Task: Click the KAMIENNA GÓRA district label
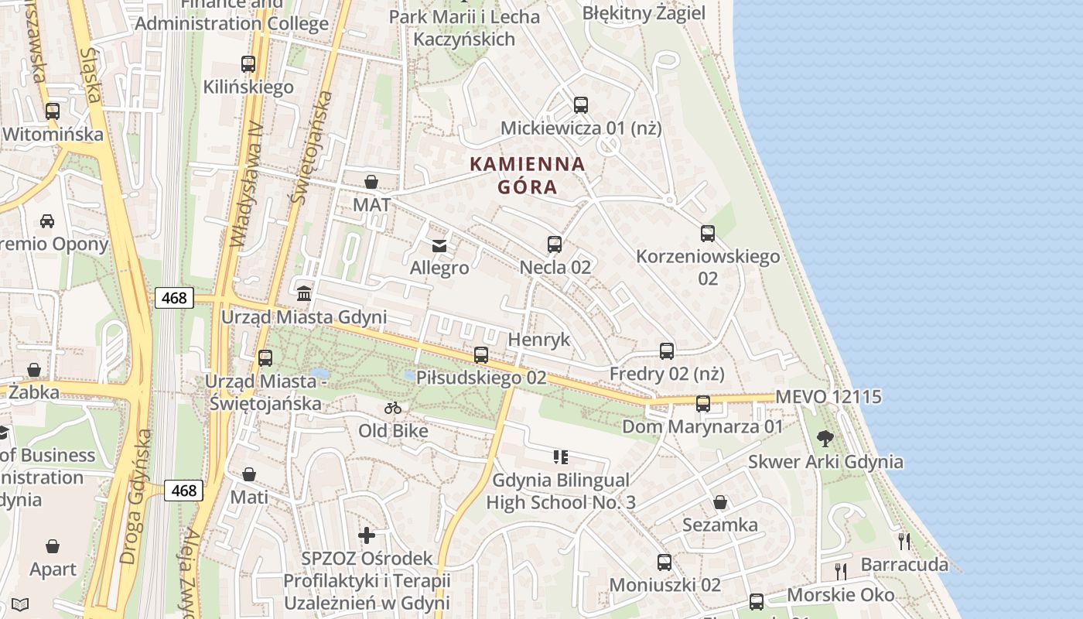[528, 176]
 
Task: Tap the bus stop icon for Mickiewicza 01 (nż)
[581, 105]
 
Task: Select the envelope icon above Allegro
[439, 246]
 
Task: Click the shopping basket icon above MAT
[371, 182]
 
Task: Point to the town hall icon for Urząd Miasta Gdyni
[304, 294]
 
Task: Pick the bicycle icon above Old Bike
[393, 408]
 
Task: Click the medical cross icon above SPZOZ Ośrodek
[367, 535]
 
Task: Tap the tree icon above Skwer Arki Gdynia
[825, 439]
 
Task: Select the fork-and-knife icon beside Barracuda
[904, 541]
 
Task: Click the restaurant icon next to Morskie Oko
[841, 572]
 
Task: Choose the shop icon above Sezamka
[720, 503]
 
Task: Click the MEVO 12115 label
[828, 397]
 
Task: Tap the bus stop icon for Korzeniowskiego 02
[708, 234]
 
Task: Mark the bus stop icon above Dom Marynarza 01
[703, 404]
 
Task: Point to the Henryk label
[539, 340]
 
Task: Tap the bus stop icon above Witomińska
[53, 111]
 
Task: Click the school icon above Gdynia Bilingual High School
[561, 457]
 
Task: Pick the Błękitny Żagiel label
[644, 13]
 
